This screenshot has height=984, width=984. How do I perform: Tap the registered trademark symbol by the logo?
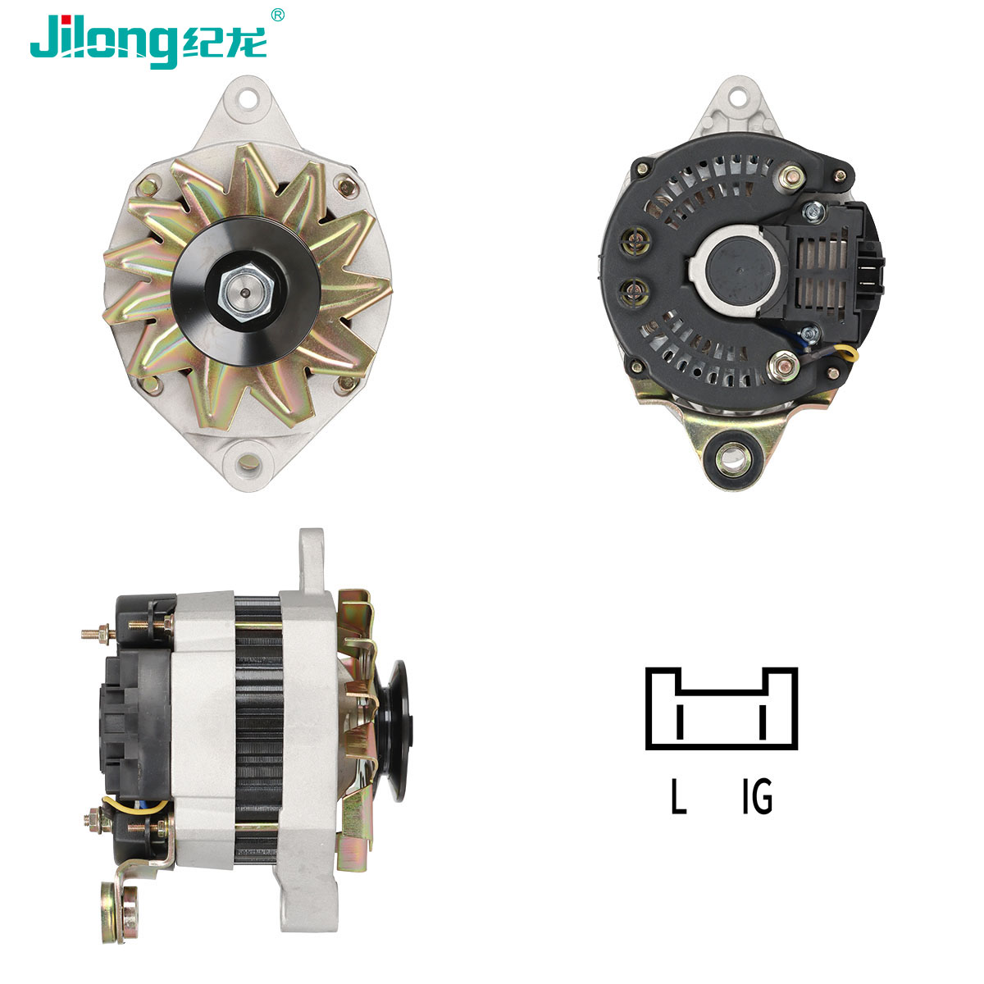tap(277, 15)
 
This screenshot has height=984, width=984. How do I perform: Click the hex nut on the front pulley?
tap(246, 293)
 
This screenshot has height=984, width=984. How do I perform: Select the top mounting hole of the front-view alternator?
tap(248, 98)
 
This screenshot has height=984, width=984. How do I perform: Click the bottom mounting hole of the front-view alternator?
tap(248, 462)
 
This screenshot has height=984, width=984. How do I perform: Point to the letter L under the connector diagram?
tap(678, 796)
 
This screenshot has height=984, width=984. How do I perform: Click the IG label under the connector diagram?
tap(758, 796)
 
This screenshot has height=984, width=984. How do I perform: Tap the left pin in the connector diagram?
tap(679, 722)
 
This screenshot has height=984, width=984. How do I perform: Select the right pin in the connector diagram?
tap(763, 722)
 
